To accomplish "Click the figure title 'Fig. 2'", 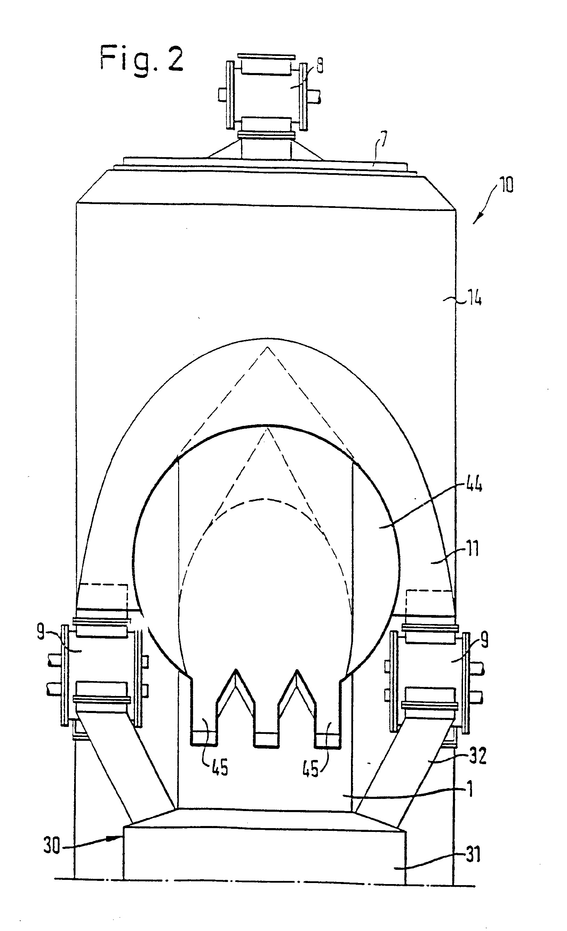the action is [142, 58].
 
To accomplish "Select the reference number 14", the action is [474, 300].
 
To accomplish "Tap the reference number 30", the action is [52, 845].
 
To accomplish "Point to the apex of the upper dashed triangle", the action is [267, 347].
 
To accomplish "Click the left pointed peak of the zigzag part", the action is [236, 670].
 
